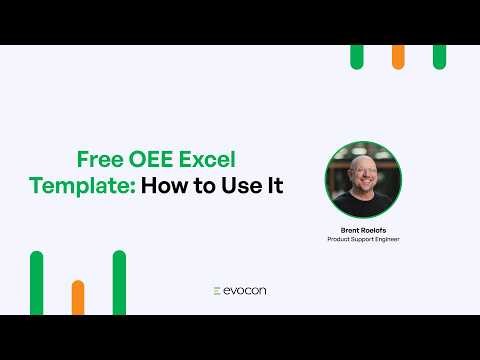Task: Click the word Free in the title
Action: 101,160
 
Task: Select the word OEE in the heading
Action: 156,160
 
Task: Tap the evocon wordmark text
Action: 246,291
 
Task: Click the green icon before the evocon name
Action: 217,291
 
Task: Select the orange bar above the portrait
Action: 398,57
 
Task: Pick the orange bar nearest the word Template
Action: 78,297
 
